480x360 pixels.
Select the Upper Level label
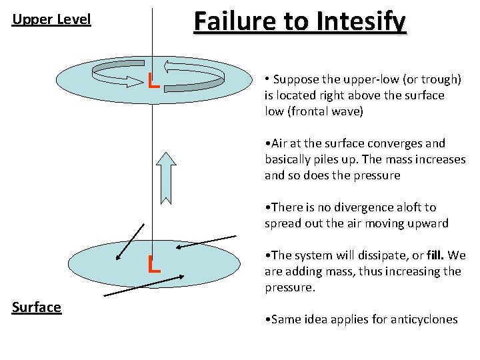coord(51,19)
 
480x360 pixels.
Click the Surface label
coord(37,307)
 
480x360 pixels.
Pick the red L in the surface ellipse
coord(154,265)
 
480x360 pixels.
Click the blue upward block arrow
coord(166,177)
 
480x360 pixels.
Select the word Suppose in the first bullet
coord(295,79)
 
